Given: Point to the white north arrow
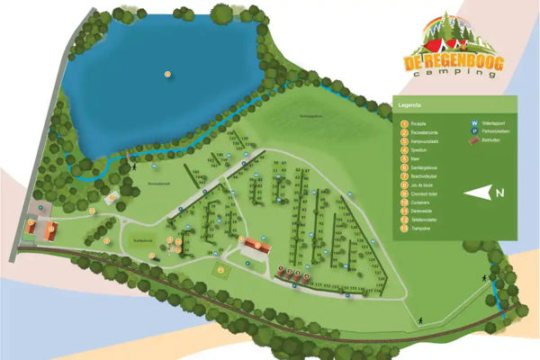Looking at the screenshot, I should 478,191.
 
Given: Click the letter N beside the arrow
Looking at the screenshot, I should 499,192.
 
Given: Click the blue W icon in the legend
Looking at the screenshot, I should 474,123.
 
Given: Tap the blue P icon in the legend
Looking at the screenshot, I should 474,132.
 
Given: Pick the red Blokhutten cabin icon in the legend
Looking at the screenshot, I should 474,143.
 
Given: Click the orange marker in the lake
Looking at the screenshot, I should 167,73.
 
